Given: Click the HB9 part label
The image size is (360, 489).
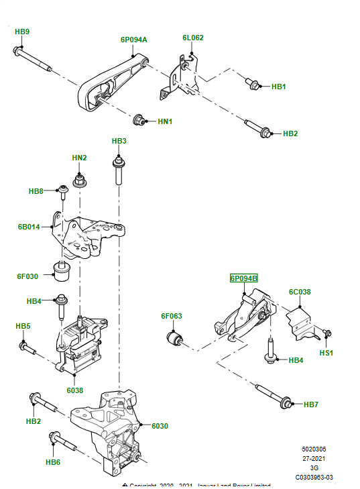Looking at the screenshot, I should [x=22, y=32].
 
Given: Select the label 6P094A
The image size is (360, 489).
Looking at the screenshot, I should [x=134, y=40].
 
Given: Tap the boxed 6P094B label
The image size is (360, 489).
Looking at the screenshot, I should [x=244, y=278].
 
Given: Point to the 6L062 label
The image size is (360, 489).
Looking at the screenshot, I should [x=192, y=38].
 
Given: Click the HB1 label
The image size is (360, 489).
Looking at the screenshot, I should [x=278, y=87].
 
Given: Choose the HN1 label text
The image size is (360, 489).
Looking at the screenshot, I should [x=165, y=121].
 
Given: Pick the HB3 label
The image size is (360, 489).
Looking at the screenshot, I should [x=119, y=141].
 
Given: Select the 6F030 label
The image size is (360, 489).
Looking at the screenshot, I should [x=28, y=276].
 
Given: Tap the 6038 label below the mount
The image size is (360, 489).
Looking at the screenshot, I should [x=74, y=390].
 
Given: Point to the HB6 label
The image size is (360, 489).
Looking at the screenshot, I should [x=53, y=461].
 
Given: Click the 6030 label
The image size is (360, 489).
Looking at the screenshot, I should [x=160, y=425].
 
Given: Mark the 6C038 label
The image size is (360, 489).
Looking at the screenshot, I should [x=300, y=292].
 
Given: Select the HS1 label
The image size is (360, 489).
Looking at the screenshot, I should [x=326, y=353].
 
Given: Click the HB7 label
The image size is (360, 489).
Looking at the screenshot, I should [x=311, y=404].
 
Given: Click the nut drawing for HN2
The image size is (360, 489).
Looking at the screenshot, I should [x=79, y=179].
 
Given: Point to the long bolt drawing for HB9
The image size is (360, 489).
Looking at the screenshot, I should [x=34, y=60].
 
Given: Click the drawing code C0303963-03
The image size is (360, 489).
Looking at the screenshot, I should [x=314, y=478].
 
